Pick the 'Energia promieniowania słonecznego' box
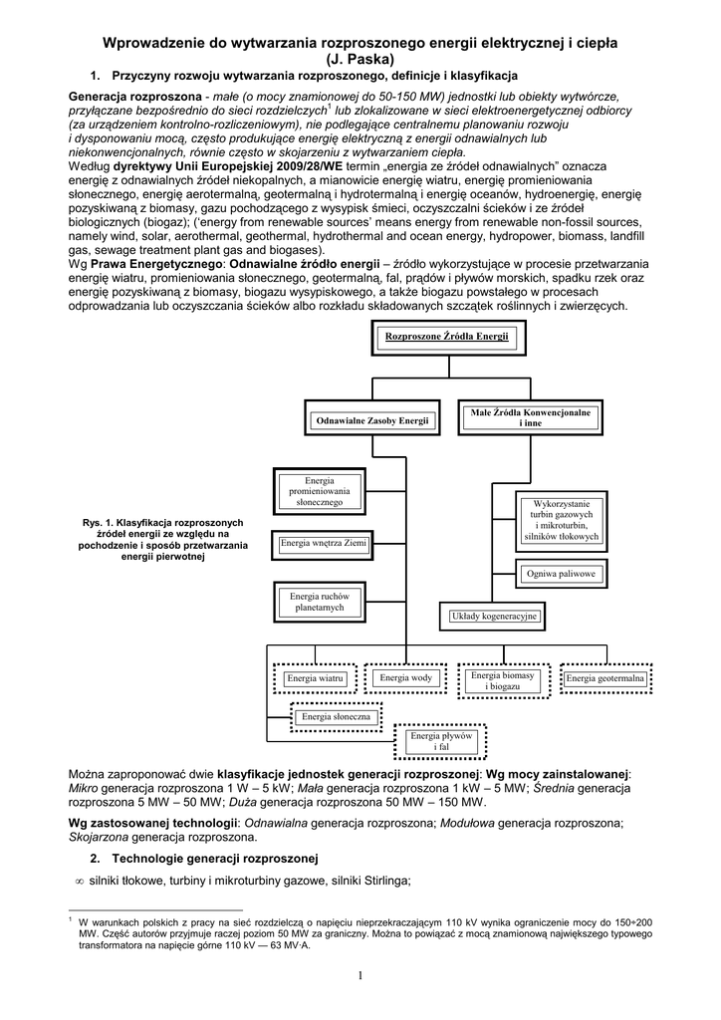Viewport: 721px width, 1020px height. (320, 492)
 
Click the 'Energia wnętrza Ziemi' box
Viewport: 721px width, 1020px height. (324, 544)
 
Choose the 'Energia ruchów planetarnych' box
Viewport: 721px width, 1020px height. (320, 601)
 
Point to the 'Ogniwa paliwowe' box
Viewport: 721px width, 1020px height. (561, 575)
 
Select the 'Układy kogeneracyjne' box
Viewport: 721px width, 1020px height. (494, 617)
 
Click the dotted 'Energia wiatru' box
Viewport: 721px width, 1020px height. (315, 679)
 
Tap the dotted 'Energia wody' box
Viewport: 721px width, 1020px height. (406, 678)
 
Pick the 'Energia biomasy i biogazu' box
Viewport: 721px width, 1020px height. (503, 680)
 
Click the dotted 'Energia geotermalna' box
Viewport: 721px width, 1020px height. (605, 679)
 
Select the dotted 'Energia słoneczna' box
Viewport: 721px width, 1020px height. (337, 716)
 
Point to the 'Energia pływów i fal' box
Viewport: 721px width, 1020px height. (443, 740)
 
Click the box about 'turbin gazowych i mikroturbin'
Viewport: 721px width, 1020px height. (561, 520)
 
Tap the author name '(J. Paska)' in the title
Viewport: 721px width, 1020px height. (360, 59)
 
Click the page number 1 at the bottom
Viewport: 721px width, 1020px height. (360, 975)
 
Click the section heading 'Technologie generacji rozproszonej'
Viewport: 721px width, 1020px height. (214, 859)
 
